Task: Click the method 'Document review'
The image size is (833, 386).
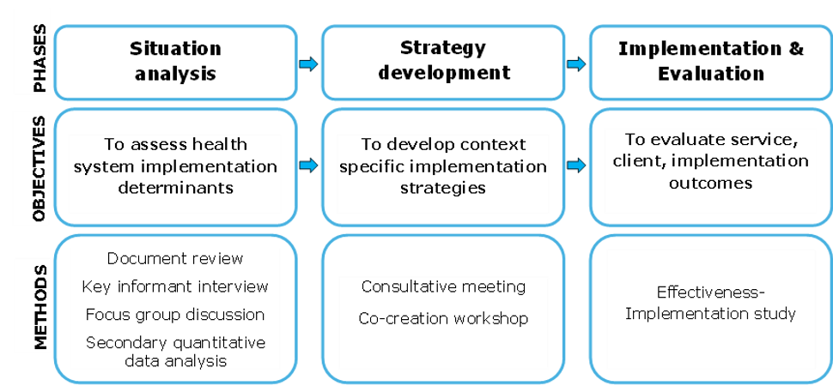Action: click(175, 258)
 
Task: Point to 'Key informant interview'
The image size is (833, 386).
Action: click(175, 286)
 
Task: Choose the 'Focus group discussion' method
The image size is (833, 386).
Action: click(175, 314)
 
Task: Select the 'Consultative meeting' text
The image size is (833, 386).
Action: click(443, 286)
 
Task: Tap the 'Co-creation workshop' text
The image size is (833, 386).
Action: click(443, 318)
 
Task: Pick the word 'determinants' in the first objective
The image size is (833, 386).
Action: click(175, 186)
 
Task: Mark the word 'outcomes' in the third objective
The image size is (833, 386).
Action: click(710, 183)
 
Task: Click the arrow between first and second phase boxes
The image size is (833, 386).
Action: click(307, 64)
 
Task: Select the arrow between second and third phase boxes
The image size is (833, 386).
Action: click(575, 64)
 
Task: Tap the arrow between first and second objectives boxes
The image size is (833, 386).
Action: click(307, 165)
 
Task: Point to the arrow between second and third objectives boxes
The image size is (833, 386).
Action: click(575, 165)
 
